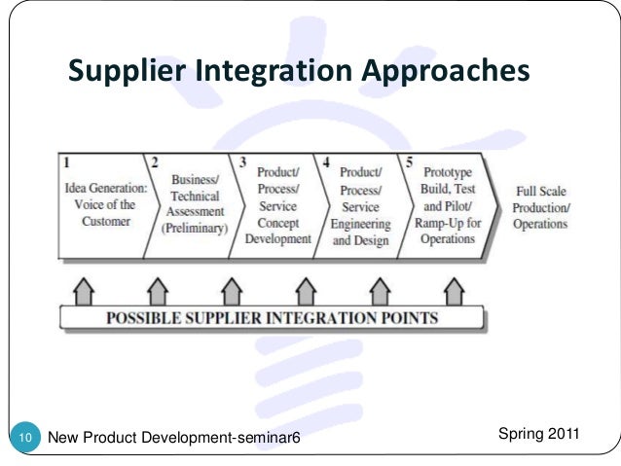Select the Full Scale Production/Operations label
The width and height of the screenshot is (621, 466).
coord(542,208)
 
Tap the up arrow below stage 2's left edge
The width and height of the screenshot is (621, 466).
coord(156,290)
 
